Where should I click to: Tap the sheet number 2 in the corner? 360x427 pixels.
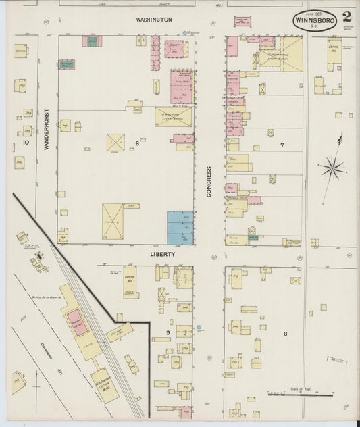click(346, 17)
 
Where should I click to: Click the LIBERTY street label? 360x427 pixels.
click(162, 255)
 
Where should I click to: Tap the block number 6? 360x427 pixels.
click(136, 143)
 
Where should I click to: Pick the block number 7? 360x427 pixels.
click(282, 145)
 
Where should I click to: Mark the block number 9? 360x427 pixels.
click(168, 333)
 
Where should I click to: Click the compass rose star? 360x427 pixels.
click(333, 167)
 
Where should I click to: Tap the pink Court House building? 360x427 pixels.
click(176, 49)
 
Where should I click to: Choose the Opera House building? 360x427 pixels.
click(129, 282)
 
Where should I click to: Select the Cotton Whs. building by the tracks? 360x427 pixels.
click(104, 385)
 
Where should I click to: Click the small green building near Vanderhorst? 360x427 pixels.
click(66, 65)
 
